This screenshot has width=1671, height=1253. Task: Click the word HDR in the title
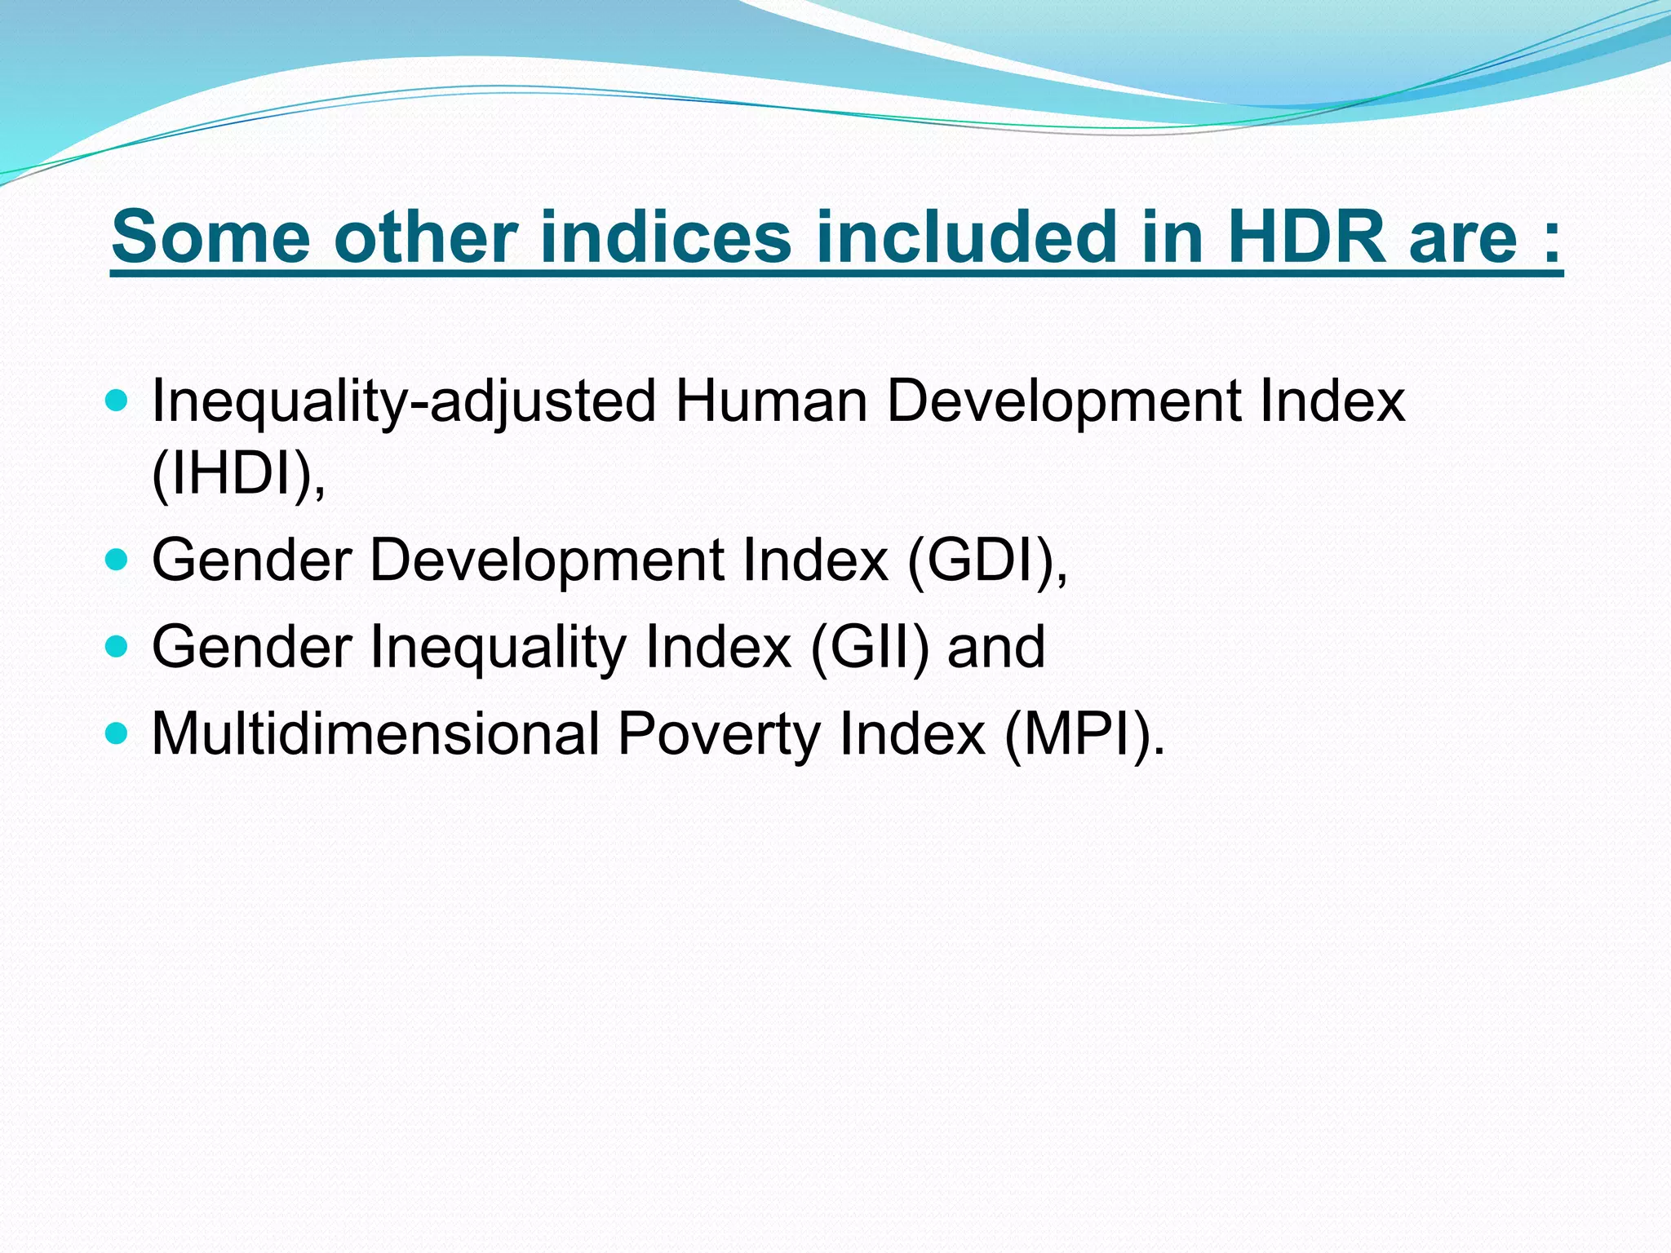pos(1305,237)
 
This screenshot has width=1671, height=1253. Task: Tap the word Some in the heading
pos(211,237)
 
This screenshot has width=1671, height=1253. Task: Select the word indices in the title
pos(665,237)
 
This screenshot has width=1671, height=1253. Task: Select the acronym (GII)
pos(870,647)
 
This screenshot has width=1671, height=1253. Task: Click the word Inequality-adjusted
pos(404,401)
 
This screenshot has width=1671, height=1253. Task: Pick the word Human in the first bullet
pos(771,401)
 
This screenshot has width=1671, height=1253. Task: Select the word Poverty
pos(719,733)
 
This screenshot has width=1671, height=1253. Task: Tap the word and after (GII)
pos(995,647)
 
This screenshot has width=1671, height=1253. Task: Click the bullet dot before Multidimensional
pos(117,732)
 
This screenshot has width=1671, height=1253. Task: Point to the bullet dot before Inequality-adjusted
pos(117,401)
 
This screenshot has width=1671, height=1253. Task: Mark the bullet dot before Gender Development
pos(117,559)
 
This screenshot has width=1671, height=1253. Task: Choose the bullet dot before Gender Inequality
pos(117,646)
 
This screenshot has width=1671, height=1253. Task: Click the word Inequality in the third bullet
pos(499,647)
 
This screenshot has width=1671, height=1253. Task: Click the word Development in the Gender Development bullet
pos(547,560)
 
